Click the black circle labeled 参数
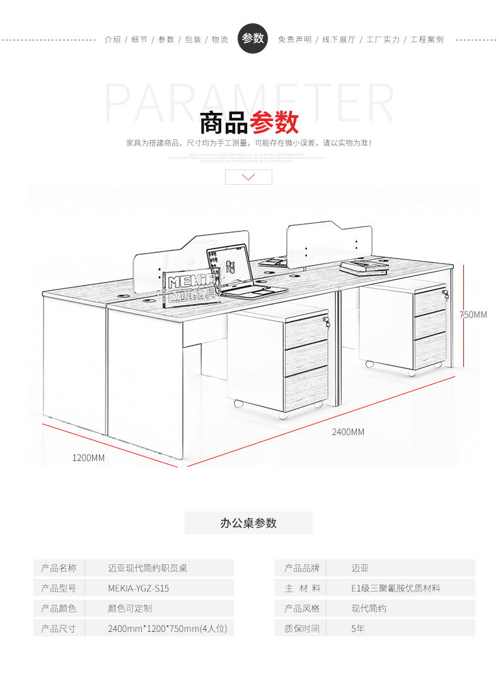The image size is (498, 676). (x=253, y=38)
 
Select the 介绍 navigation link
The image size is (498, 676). (x=113, y=40)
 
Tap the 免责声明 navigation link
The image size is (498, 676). (x=295, y=40)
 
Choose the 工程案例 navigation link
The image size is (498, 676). (x=427, y=40)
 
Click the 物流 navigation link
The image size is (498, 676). (x=220, y=40)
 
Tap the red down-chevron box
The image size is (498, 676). (x=248, y=177)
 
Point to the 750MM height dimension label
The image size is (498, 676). (x=473, y=315)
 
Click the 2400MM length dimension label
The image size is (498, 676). (x=348, y=432)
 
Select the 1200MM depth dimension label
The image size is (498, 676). (x=88, y=457)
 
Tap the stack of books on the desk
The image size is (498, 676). (x=364, y=267)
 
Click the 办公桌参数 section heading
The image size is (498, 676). (x=248, y=523)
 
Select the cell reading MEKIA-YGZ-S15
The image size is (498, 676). (x=139, y=588)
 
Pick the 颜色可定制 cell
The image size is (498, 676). (x=130, y=609)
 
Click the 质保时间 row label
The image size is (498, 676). (x=302, y=629)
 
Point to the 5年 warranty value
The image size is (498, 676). (x=358, y=629)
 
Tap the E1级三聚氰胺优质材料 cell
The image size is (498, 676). (x=396, y=588)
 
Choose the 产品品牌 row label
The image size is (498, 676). (x=302, y=568)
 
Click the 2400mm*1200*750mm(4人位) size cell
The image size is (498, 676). (x=167, y=629)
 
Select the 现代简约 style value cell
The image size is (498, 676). (x=369, y=609)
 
